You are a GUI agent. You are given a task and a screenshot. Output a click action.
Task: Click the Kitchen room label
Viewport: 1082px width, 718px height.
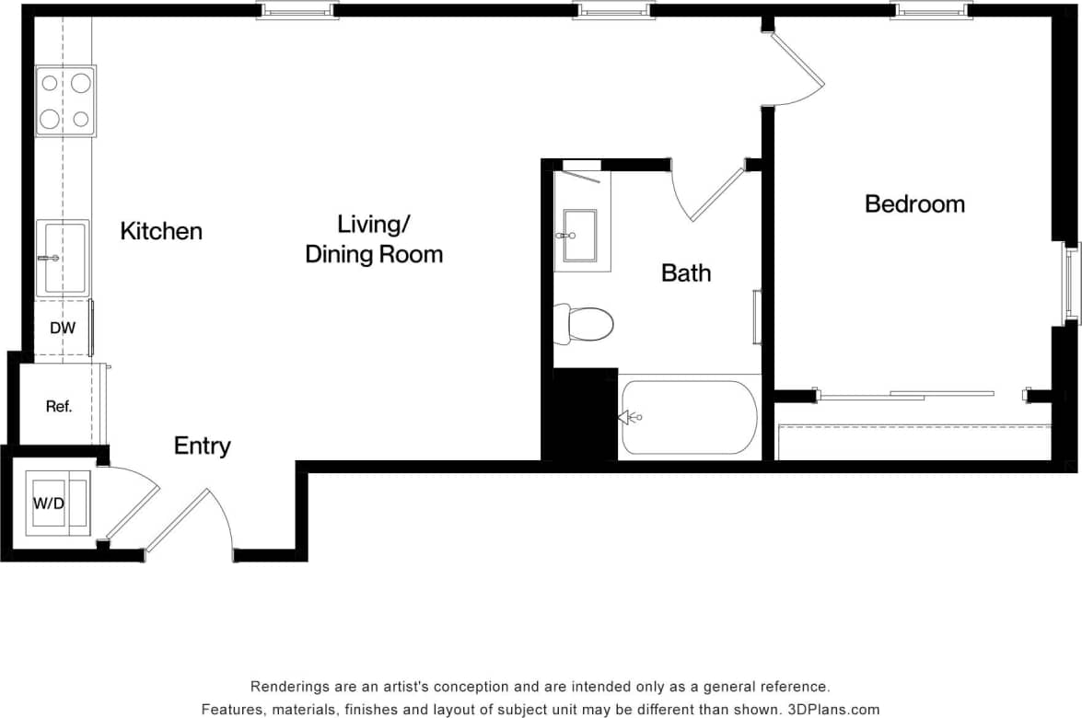tap(161, 231)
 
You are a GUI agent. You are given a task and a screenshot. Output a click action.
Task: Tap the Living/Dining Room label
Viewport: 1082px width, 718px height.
tap(374, 239)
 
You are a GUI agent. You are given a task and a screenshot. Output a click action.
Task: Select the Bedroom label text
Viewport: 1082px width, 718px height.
tap(914, 204)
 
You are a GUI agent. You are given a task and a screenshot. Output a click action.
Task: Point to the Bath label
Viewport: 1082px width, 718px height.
tap(686, 273)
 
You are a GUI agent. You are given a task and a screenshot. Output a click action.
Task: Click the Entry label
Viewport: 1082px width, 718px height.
tap(203, 446)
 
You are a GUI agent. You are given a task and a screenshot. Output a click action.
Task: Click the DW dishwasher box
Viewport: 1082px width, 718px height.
tap(63, 329)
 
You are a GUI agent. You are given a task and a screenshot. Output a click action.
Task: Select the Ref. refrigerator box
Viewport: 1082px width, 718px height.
tap(59, 406)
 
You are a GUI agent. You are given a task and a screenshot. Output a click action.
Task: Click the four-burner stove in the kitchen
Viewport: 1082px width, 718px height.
tap(65, 101)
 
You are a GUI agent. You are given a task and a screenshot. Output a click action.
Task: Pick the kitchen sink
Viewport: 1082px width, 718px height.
tap(63, 258)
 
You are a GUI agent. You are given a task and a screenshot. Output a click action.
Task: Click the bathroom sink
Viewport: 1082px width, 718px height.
tap(580, 236)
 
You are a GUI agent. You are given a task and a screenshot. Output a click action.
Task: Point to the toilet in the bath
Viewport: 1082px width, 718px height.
tap(585, 325)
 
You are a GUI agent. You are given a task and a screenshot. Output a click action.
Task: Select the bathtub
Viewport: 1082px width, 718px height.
tap(689, 417)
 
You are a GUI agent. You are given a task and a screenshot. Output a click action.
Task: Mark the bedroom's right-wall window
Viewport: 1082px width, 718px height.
tap(1071, 283)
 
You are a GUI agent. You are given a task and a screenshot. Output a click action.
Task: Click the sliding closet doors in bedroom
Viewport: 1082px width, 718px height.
tap(907, 396)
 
